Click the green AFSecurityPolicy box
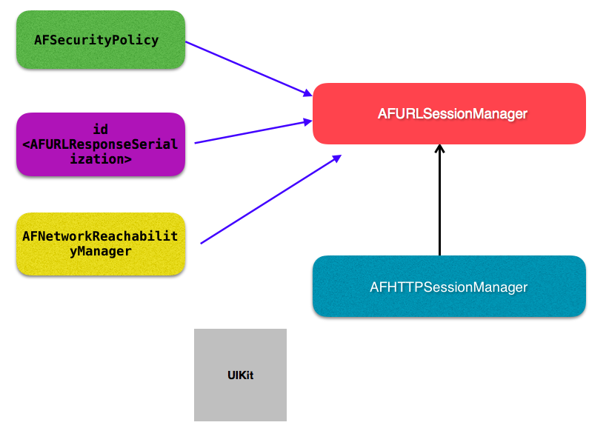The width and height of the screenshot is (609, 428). [101, 39]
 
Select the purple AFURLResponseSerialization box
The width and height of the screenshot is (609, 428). [101, 144]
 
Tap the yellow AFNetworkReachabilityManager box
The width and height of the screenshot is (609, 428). [101, 244]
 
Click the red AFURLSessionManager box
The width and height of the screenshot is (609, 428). [449, 113]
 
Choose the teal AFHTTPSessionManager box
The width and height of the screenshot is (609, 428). [449, 287]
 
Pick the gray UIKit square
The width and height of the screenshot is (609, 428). [241, 375]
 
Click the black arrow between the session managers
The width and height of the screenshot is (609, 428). [439, 200]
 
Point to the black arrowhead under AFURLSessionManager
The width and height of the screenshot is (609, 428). [439, 148]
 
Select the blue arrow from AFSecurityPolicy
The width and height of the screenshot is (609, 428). [249, 69]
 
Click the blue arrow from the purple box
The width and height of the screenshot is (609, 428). [253, 132]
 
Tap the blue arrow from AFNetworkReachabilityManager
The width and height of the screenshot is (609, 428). [270, 199]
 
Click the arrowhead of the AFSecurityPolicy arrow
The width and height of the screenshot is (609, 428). [308, 93]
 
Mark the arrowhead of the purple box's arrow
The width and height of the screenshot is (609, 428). [307, 122]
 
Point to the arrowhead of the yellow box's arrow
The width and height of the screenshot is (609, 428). [337, 158]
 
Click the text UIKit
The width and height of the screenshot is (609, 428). [241, 375]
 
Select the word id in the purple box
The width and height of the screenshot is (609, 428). [101, 130]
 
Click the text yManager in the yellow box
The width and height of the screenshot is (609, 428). [101, 252]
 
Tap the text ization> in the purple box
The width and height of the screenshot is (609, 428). [101, 159]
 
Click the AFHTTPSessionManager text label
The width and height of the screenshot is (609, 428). [448, 287]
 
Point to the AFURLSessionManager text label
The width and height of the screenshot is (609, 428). [453, 114]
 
